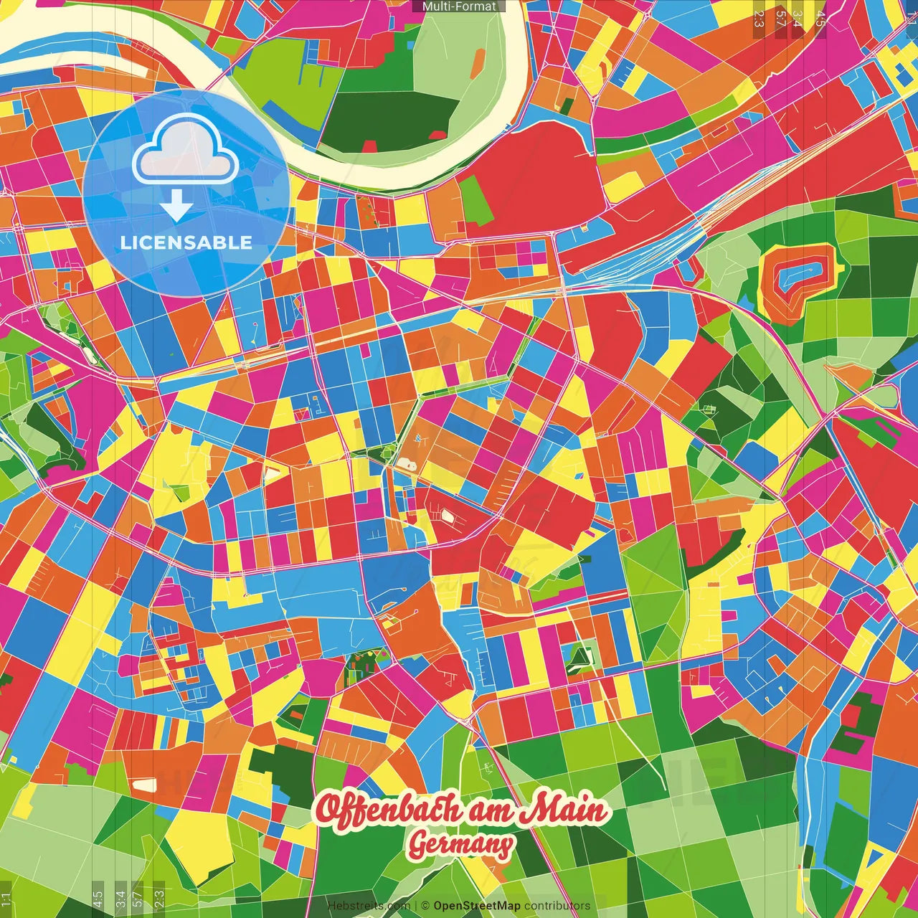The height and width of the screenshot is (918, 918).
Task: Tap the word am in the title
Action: point(493,811)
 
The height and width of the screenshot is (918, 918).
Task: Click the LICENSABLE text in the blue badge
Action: point(186,242)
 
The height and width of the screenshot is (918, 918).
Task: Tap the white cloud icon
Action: point(185,151)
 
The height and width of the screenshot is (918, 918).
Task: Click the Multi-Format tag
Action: point(459,6)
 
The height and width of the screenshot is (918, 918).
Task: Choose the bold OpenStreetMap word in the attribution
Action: point(476,906)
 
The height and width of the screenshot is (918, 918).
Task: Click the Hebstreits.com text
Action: point(369,906)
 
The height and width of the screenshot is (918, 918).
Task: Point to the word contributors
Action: point(557,906)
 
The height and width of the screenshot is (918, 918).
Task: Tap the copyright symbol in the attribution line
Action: point(425,906)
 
